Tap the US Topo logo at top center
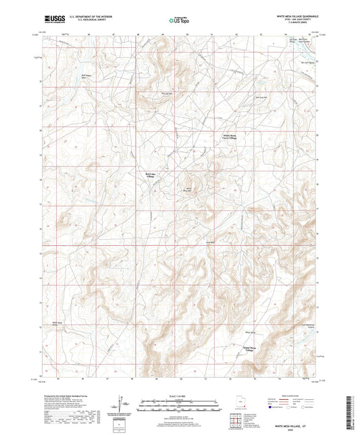click(177, 22)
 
